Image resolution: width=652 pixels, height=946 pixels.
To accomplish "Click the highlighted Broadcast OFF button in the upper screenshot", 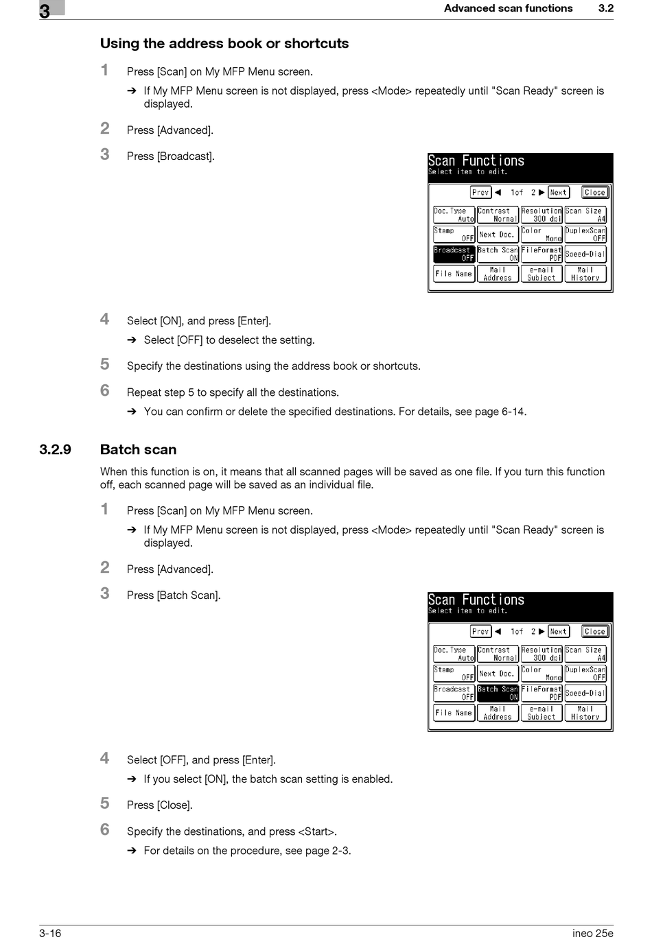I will pos(454,254).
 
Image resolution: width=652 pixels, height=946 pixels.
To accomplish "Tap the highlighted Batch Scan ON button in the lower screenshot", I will pos(498,693).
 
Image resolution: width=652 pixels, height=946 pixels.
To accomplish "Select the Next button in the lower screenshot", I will pos(559,631).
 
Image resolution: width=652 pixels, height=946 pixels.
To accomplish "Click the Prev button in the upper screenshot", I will pos(480,192).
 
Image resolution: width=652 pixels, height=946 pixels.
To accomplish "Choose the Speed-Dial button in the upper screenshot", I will pos(585,254).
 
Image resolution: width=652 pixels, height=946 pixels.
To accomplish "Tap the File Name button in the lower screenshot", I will pos(454,713).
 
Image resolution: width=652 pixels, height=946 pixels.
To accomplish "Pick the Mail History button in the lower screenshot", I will pos(585,713).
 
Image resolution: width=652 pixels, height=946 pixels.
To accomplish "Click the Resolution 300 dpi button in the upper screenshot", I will pos(542,215).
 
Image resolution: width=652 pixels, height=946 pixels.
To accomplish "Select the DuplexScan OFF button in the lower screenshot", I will pos(585,673).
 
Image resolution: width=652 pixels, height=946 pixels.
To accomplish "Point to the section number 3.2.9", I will pos(55,449).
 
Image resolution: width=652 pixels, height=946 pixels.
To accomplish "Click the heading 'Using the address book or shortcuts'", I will pos(224,43).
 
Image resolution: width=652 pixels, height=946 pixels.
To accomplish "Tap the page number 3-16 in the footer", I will pos(50,933).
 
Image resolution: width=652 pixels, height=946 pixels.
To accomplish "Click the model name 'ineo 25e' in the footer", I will pos(593,933).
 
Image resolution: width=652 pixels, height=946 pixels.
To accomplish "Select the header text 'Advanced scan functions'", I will pos(508,8).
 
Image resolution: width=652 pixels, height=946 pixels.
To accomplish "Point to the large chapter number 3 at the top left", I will pos(45,11).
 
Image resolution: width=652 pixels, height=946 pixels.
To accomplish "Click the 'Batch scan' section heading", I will pos(138,449).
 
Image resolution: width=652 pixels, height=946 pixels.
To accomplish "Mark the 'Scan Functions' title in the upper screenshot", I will pos(476,161).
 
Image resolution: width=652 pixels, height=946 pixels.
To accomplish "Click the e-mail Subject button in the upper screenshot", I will pos(542,274).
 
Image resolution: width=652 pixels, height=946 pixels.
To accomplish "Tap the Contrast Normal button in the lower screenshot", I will pos(498,654).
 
